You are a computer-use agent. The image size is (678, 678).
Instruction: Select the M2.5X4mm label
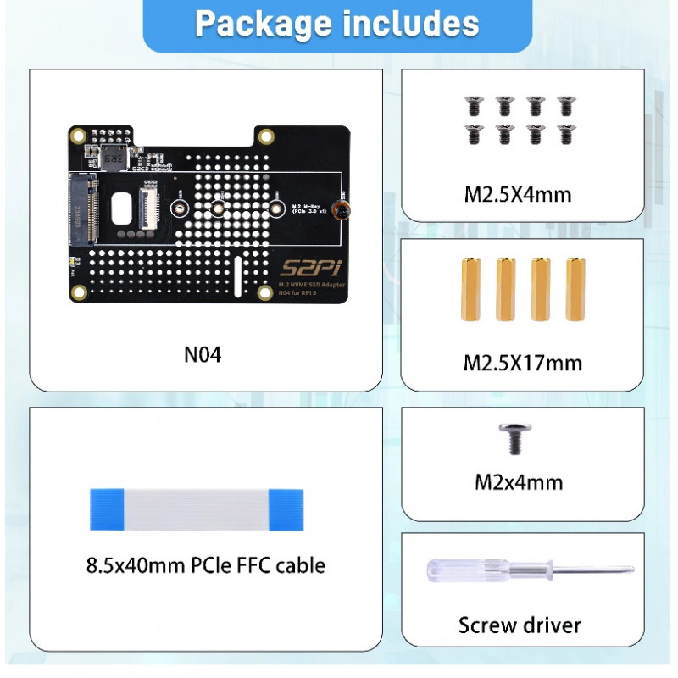[x=518, y=195]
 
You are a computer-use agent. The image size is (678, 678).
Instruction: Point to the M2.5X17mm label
[x=522, y=364]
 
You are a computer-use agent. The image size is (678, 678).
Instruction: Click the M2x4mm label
[x=519, y=483]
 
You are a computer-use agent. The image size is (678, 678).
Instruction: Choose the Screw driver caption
[x=520, y=625]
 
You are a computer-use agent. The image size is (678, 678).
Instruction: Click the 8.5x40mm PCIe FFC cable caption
[x=206, y=564]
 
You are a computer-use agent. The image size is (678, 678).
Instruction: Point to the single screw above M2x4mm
[x=511, y=439]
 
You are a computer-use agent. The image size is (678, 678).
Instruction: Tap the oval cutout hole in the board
[x=125, y=207]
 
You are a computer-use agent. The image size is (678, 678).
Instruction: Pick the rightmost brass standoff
[x=574, y=288]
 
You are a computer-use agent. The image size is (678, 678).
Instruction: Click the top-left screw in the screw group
[x=472, y=106]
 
